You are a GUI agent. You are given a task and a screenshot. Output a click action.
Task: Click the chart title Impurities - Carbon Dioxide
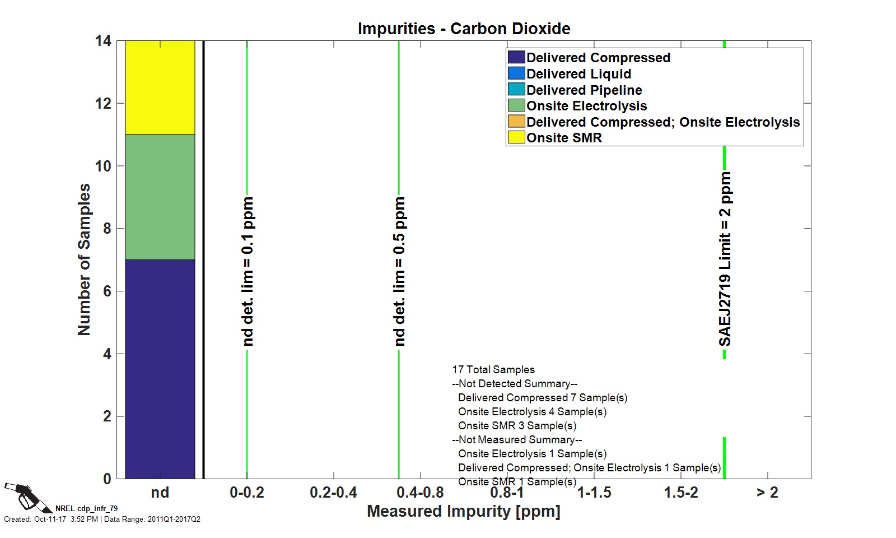[464, 29]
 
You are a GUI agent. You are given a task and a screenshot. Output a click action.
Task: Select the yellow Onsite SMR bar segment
[160, 87]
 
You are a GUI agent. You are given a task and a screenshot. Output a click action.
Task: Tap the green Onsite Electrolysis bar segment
[160, 197]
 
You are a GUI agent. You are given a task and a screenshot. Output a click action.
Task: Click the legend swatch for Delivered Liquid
[516, 73]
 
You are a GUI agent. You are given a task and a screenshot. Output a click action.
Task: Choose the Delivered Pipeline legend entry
[584, 90]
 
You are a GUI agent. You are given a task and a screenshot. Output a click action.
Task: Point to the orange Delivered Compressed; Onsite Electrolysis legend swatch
[516, 122]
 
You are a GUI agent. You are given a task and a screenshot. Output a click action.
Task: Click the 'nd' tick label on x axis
[160, 493]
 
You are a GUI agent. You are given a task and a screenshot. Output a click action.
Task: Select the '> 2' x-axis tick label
[767, 493]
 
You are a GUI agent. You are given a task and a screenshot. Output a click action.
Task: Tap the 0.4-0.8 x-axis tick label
[420, 493]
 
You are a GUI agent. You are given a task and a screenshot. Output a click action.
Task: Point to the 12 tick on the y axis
[103, 104]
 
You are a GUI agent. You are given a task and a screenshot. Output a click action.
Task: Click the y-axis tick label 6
[107, 291]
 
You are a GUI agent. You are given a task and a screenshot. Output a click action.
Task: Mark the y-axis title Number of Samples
[84, 259]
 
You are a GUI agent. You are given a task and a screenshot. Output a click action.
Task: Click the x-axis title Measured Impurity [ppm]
[464, 511]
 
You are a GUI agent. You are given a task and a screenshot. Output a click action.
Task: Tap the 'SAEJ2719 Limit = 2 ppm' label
[725, 259]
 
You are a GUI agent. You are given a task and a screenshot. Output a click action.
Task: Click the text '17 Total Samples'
[493, 370]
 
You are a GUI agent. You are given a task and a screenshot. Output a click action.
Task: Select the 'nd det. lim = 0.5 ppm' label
[399, 271]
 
